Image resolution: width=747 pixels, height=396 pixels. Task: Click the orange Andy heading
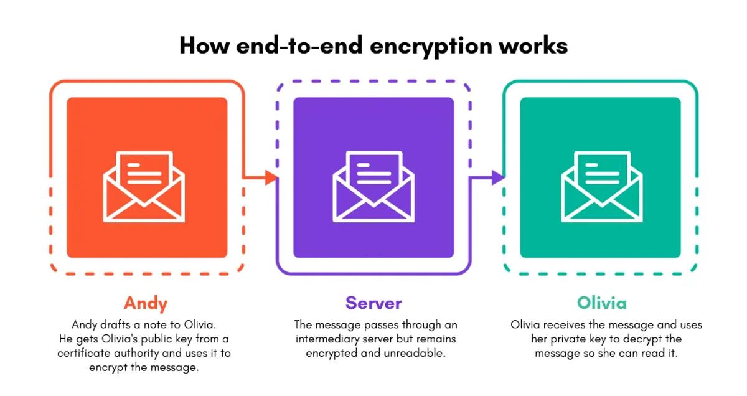(146, 303)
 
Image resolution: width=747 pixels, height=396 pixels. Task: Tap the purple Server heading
(374, 303)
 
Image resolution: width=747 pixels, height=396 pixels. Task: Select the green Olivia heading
(601, 303)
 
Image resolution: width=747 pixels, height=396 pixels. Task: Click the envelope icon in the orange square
(144, 187)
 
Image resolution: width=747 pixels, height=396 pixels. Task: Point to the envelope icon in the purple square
(373, 187)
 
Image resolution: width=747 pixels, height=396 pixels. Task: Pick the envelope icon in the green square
(601, 187)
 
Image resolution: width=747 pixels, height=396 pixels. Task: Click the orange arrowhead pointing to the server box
(271, 177)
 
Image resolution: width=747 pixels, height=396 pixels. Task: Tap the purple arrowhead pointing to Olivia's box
(497, 177)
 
